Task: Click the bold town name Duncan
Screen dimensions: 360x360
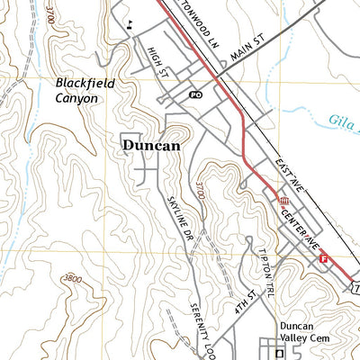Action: pyautogui.click(x=151, y=144)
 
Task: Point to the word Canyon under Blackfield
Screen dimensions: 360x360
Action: pyautogui.click(x=76, y=97)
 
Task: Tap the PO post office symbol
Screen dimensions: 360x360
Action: pyautogui.click(x=195, y=94)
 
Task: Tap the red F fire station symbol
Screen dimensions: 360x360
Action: pyautogui.click(x=323, y=259)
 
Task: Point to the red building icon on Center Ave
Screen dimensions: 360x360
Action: pyautogui.click(x=283, y=200)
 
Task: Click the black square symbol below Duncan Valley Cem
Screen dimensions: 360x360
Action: pyautogui.click(x=280, y=353)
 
